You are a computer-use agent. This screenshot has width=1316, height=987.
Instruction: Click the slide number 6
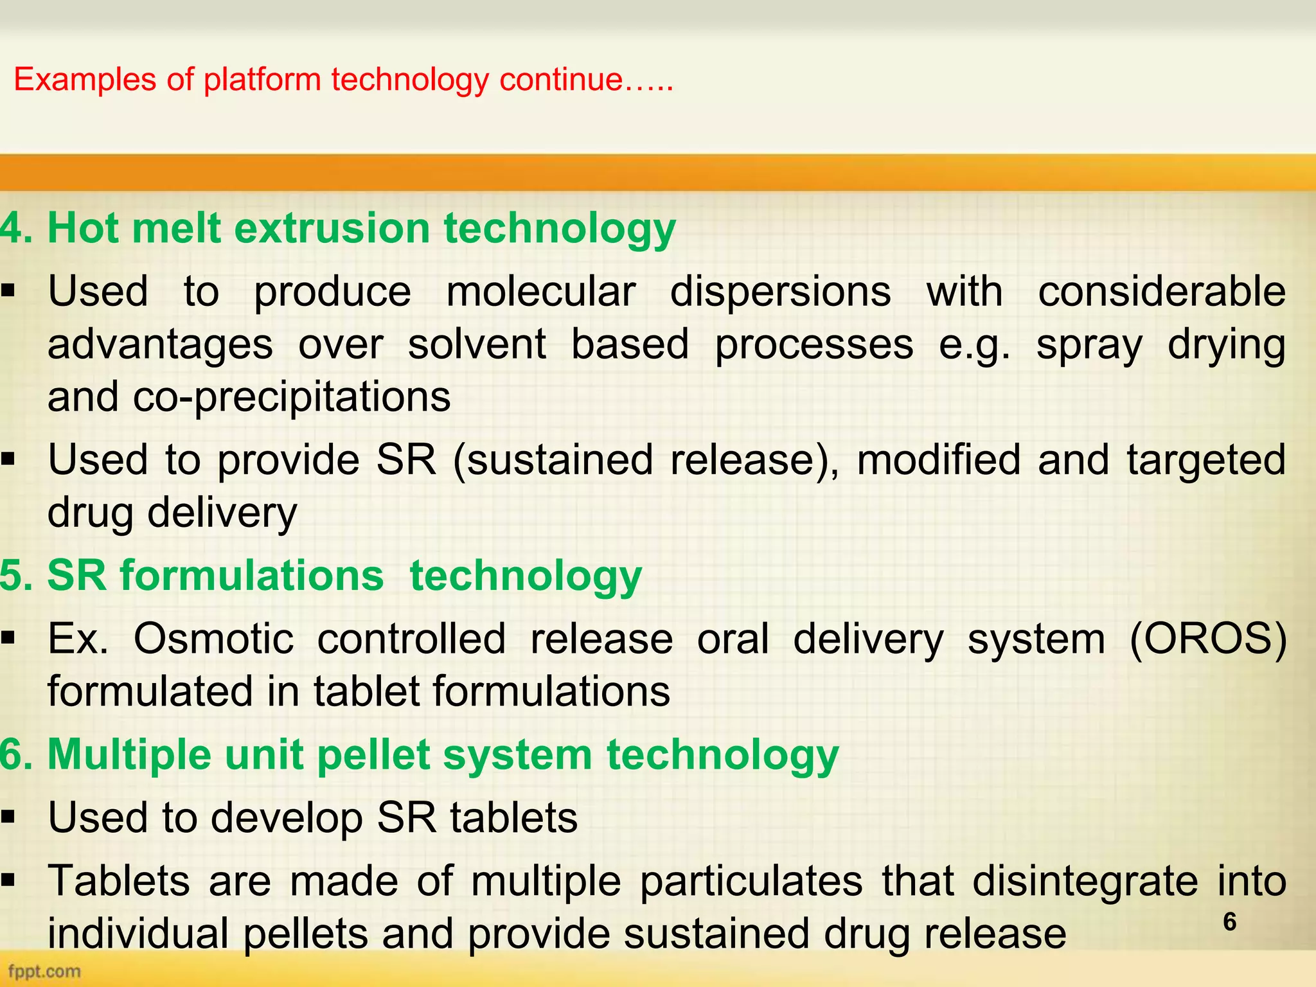pyautogui.click(x=1229, y=921)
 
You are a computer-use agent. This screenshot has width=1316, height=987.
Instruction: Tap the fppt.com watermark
pyautogui.click(x=44, y=971)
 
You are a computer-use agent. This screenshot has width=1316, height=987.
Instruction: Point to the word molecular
pyautogui.click(x=540, y=292)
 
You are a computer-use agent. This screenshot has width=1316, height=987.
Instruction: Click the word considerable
pyautogui.click(x=1162, y=292)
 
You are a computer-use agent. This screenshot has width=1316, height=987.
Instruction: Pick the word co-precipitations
pyautogui.click(x=292, y=398)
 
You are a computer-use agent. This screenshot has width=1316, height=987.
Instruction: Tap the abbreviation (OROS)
pyautogui.click(x=1208, y=639)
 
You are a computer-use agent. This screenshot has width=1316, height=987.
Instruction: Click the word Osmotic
pyautogui.click(x=213, y=639)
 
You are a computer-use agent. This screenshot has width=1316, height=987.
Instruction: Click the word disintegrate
pyautogui.click(x=1085, y=881)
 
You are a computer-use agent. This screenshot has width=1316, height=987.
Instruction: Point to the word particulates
pyautogui.click(x=751, y=881)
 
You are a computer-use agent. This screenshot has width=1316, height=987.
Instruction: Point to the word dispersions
pyautogui.click(x=780, y=292)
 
